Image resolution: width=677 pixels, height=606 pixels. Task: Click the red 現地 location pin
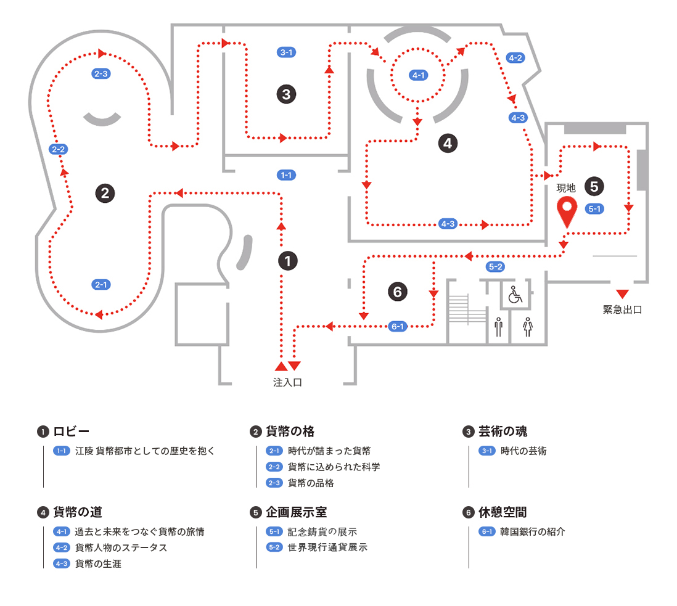pos(566,210)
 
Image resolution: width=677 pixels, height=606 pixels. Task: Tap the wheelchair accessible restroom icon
pos(514,295)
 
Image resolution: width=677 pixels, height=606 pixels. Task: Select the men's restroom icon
pos(498,326)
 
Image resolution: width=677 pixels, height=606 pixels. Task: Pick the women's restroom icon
pos(527,326)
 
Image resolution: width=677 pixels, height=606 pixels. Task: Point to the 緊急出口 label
pos(622,309)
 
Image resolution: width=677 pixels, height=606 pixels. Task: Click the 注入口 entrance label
pos(287,382)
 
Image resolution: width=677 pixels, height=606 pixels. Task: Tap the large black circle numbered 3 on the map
pos(286,94)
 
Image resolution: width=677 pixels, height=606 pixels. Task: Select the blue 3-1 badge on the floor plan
pos(286,52)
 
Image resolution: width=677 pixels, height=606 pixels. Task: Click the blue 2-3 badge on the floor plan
pos(101,73)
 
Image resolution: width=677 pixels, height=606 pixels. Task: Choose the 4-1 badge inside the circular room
pos(418,75)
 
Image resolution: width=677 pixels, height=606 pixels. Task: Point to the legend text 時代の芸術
pos(523,451)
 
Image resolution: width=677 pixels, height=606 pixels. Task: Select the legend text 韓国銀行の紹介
pos(533,531)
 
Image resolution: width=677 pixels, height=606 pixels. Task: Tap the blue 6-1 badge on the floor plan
pos(398,326)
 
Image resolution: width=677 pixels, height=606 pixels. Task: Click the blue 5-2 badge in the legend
pos(274,547)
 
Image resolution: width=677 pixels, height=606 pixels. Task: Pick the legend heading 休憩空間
pos(503,512)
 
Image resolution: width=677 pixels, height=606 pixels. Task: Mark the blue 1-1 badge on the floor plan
pos(286,175)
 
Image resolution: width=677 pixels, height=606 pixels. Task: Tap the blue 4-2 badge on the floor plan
pos(515,58)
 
